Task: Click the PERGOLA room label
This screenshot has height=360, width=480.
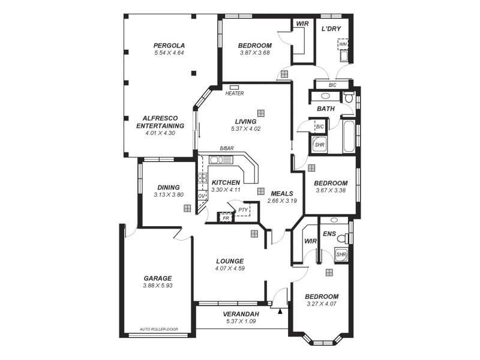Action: [x=169, y=45]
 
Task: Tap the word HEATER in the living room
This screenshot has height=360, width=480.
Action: [x=235, y=94]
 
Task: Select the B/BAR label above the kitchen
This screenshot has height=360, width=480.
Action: [x=227, y=148]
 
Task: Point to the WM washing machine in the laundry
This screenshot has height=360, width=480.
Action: [x=343, y=44]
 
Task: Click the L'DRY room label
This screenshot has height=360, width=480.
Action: [x=331, y=28]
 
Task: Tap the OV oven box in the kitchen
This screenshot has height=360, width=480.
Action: [x=202, y=196]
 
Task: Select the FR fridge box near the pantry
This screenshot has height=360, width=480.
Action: [x=226, y=218]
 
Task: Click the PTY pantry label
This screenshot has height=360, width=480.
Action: [x=242, y=210]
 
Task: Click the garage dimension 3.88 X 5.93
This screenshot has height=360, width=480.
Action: [x=158, y=286]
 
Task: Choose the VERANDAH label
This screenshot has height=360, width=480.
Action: [x=241, y=314]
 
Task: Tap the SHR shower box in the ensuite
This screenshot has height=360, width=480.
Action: [x=341, y=254]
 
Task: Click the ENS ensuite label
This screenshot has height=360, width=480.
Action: [x=329, y=233]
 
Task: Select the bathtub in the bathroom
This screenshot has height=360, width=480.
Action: [x=348, y=137]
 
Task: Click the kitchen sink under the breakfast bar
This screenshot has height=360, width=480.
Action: [x=220, y=160]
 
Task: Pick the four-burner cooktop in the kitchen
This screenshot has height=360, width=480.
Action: [x=202, y=178]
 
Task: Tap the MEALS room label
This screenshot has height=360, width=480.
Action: [x=281, y=194]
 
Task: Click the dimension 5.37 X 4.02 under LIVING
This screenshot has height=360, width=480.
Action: [x=245, y=129]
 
